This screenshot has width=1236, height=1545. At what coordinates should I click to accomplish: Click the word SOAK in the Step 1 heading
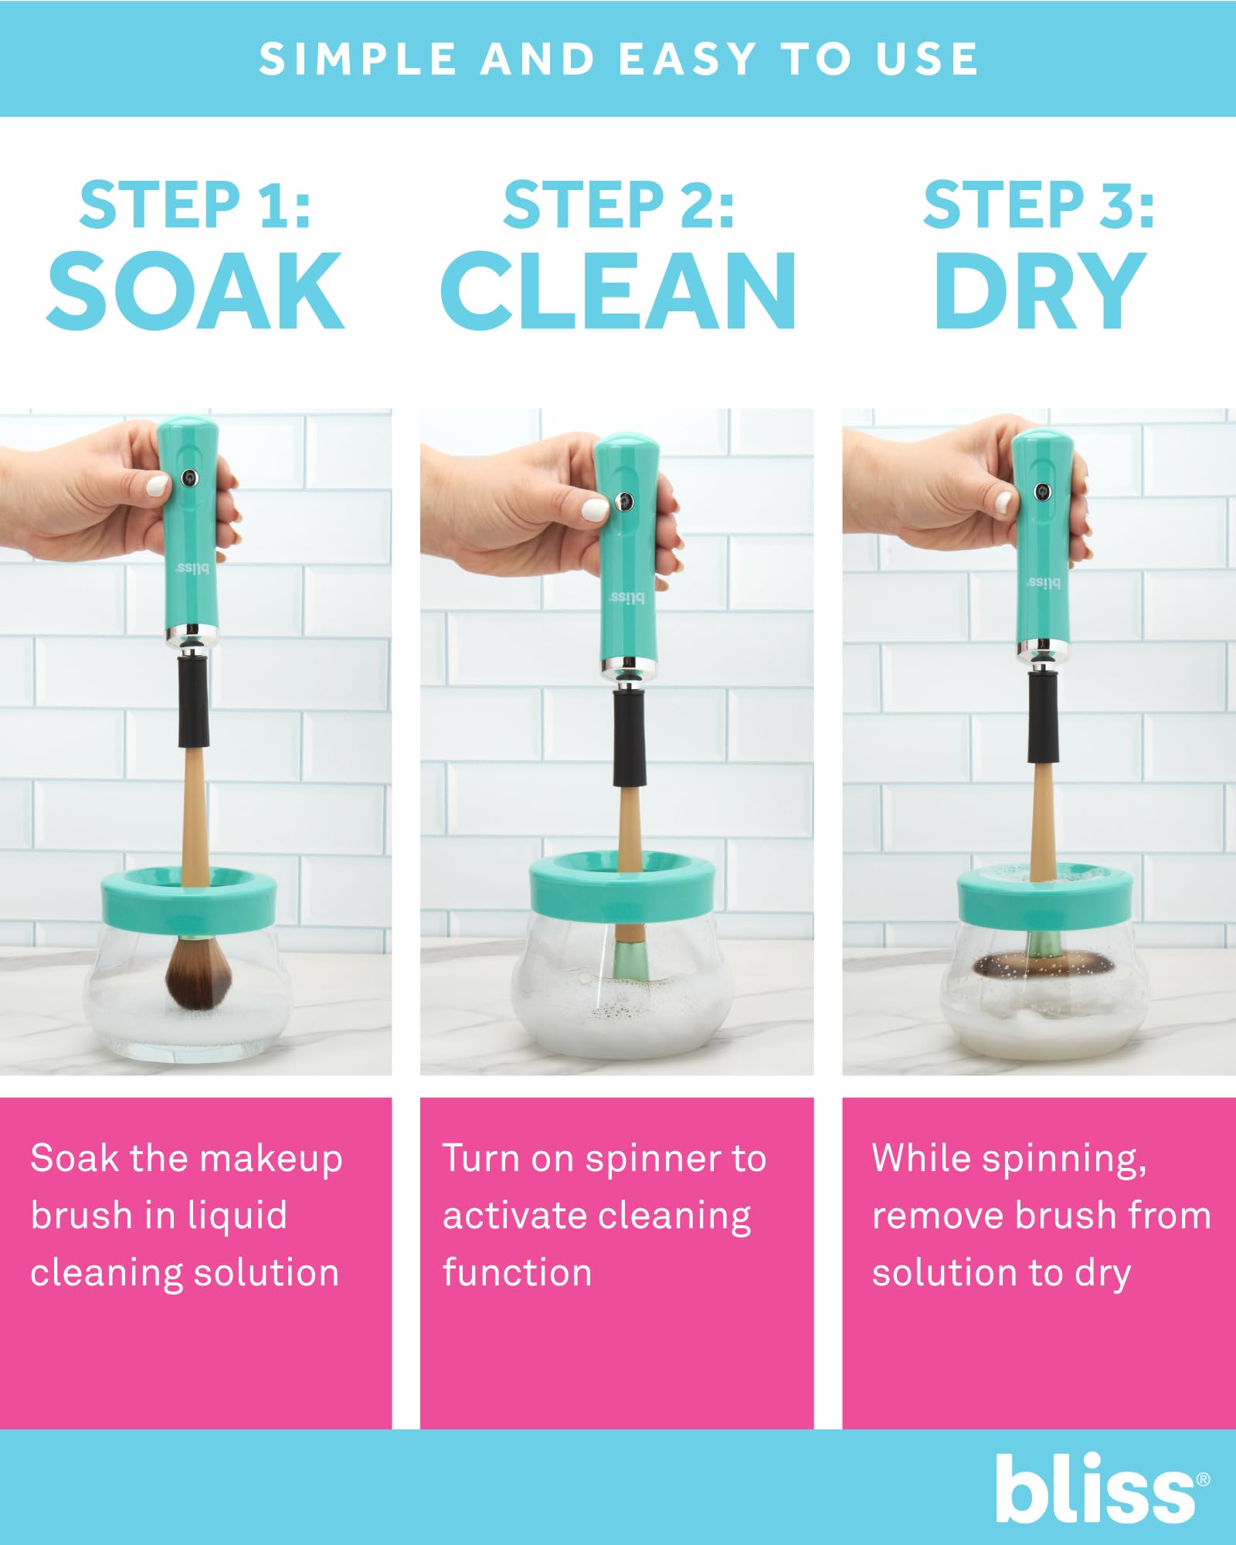(195, 292)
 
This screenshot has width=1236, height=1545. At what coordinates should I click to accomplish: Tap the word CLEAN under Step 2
(618, 292)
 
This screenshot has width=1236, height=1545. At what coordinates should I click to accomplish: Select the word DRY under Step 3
(1039, 292)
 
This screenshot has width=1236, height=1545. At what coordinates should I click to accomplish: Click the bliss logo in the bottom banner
(1097, 1489)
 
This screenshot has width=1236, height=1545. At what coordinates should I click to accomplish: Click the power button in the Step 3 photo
(1043, 491)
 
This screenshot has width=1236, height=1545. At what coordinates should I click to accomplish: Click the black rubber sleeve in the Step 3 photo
(1042, 718)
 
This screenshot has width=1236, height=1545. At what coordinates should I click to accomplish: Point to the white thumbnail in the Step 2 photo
(595, 510)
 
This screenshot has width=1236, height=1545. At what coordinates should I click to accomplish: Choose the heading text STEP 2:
(618, 205)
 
